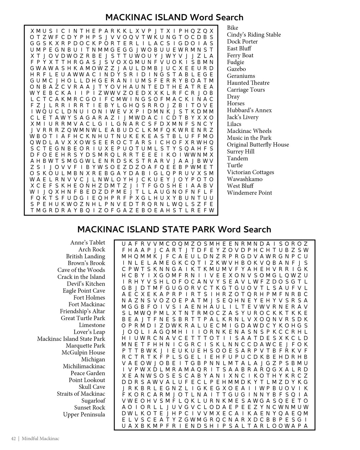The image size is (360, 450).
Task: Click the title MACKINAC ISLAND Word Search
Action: [174, 17]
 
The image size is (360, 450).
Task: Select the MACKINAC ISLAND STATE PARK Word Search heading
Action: [174, 229]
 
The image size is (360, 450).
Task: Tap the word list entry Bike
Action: [232, 28]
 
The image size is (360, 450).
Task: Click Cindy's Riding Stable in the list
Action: [254, 35]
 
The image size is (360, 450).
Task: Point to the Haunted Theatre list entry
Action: [248, 83]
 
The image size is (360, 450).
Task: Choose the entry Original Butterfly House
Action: [258, 145]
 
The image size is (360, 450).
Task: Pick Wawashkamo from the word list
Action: [244, 179]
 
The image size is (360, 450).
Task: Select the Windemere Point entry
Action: [249, 193]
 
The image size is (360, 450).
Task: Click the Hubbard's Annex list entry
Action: [249, 110]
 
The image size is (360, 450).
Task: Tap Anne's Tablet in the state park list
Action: [88, 243]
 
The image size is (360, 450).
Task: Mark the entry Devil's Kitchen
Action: [86, 284]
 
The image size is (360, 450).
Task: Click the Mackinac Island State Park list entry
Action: [71, 339]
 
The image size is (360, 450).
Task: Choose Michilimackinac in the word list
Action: [84, 366]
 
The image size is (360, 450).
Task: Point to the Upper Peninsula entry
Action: [84, 414]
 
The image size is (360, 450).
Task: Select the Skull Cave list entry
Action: [92, 387]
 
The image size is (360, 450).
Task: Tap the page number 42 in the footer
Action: [13, 439]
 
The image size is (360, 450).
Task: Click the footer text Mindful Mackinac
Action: [41, 439]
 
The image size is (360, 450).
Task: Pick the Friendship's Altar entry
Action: [82, 311]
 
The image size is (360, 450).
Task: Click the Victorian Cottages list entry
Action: [250, 172]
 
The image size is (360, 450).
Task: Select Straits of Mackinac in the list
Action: [81, 394]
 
